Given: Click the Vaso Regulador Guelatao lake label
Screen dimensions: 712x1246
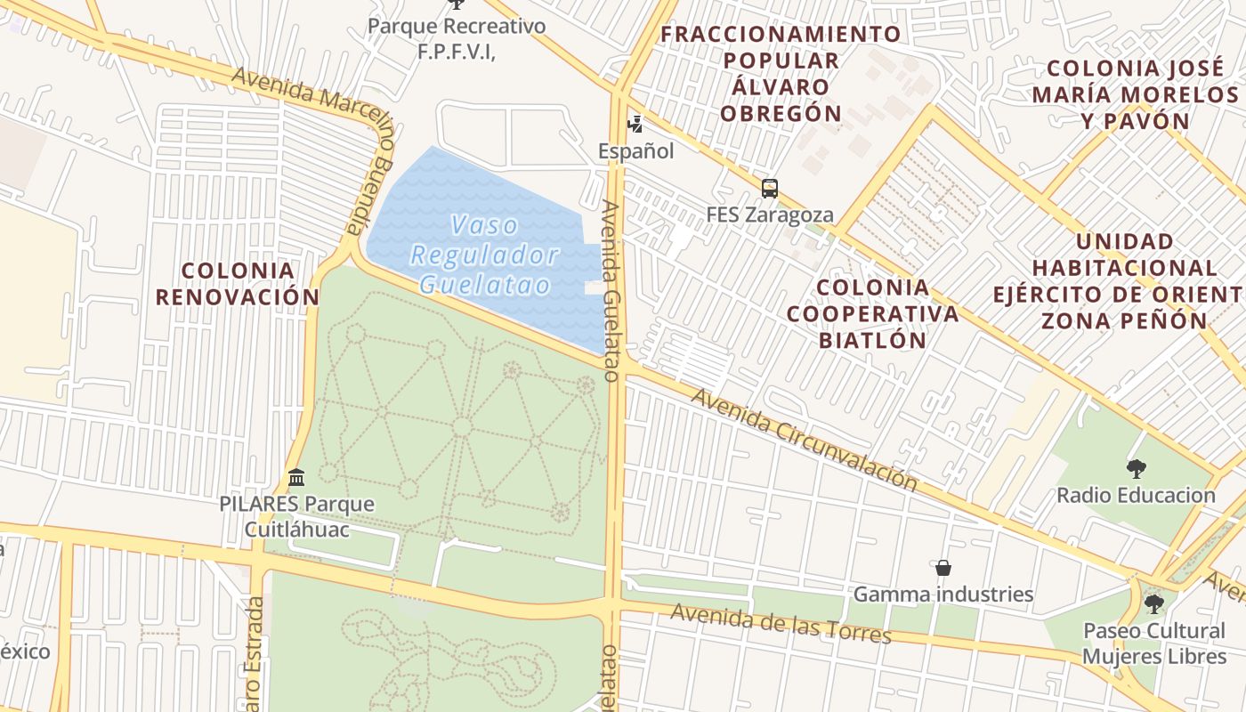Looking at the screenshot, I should pyautogui.click(x=485, y=255).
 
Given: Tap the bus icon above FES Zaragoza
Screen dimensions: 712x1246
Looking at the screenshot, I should pyautogui.click(x=770, y=189).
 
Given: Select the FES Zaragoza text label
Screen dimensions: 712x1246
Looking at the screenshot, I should pyautogui.click(x=770, y=214).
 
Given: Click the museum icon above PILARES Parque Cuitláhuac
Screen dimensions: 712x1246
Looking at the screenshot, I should pyautogui.click(x=296, y=478).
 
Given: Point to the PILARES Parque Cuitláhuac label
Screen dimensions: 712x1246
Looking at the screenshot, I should pyautogui.click(x=296, y=517).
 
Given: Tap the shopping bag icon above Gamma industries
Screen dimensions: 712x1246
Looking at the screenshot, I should pyautogui.click(x=943, y=568).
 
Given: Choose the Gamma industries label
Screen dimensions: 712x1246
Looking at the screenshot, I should pyautogui.click(x=943, y=594).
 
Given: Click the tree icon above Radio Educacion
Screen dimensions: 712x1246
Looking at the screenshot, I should pyautogui.click(x=1136, y=468).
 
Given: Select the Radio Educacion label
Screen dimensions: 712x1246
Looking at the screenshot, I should pyautogui.click(x=1136, y=495).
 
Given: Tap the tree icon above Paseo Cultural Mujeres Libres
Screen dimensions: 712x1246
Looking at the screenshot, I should pyautogui.click(x=1154, y=604).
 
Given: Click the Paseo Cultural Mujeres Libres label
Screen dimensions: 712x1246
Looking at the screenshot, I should pyautogui.click(x=1154, y=643).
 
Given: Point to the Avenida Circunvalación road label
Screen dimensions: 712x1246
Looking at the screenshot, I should pyautogui.click(x=804, y=440).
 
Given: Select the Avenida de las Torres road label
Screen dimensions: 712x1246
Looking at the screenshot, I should pyautogui.click(x=781, y=623).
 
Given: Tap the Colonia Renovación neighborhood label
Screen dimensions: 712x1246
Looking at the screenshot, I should pyautogui.click(x=238, y=283).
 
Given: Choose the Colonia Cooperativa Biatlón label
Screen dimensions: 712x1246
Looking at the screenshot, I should pyautogui.click(x=872, y=313).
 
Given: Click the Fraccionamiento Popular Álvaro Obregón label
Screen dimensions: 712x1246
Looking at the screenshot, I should pyautogui.click(x=781, y=74).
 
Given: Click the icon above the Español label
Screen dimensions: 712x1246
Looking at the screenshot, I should pyautogui.click(x=635, y=123).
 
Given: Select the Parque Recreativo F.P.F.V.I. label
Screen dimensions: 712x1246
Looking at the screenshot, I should pyautogui.click(x=457, y=38).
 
